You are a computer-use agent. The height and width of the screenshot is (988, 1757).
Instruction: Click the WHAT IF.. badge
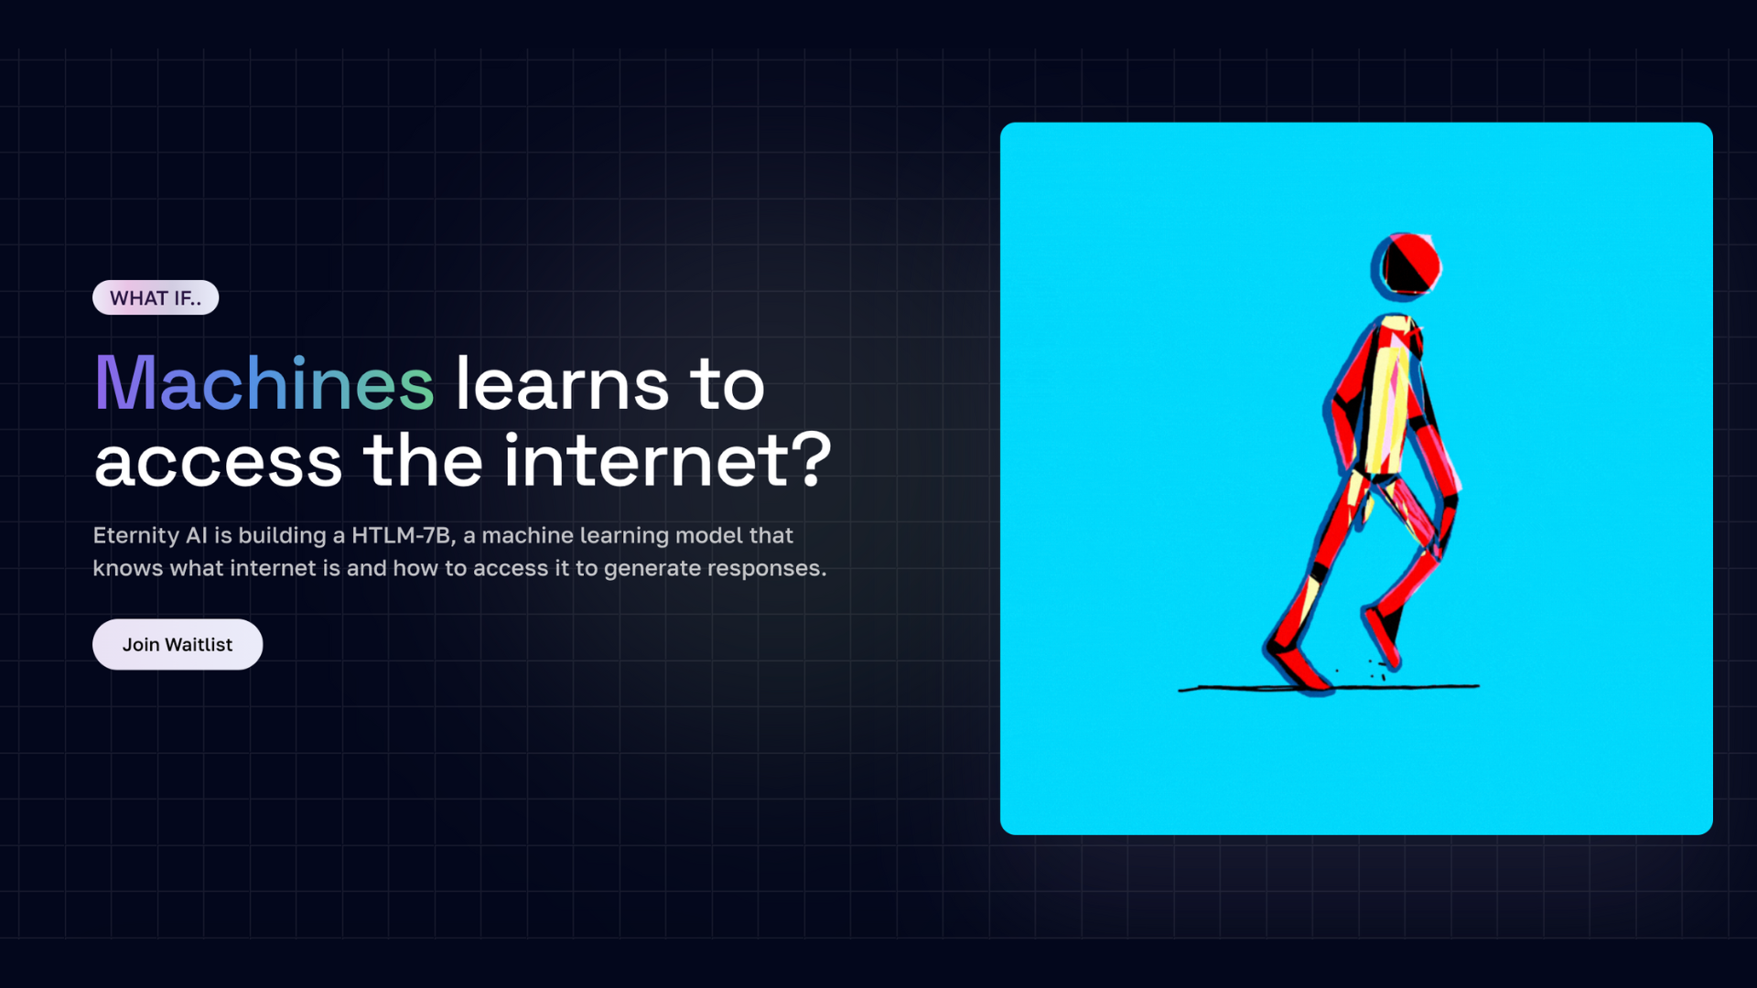point(156,297)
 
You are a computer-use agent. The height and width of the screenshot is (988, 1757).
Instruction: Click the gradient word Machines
point(264,383)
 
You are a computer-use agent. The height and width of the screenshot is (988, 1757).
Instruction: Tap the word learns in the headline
point(563,383)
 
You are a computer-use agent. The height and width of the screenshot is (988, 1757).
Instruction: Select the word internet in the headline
point(646,460)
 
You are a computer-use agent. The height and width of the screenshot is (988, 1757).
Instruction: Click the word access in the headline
point(219,463)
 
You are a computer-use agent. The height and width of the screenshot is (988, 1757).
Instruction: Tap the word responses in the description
point(766,569)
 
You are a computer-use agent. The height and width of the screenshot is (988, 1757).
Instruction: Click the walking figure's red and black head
point(1407,265)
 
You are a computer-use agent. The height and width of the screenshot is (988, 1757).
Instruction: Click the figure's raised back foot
point(1383,637)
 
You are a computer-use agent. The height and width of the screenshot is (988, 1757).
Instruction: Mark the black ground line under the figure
point(1329,687)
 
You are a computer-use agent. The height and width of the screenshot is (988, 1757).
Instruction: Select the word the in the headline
point(424,460)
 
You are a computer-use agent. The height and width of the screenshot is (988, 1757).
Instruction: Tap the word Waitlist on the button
point(199,645)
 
